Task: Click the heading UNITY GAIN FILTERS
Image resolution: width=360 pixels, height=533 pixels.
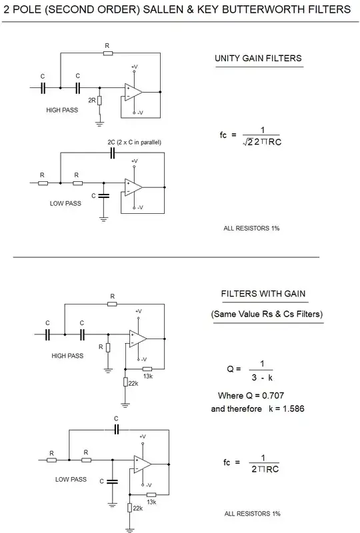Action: tap(258, 58)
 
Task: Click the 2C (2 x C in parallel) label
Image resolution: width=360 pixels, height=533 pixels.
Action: tap(134, 143)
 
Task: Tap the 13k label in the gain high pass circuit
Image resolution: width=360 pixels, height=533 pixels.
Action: tap(148, 376)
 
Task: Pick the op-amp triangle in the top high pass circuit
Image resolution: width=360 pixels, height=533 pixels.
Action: tap(133, 90)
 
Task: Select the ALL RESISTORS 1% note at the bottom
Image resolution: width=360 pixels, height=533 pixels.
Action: tap(252, 514)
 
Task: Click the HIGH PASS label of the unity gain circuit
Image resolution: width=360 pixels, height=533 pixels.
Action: tap(62, 110)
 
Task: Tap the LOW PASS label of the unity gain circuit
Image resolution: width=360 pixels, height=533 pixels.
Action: tap(65, 203)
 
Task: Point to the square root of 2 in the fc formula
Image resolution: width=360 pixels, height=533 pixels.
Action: tap(249, 141)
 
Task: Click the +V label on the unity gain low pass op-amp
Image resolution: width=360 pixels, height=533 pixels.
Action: tap(135, 161)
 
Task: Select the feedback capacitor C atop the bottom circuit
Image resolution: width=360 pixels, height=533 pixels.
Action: tap(116, 428)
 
